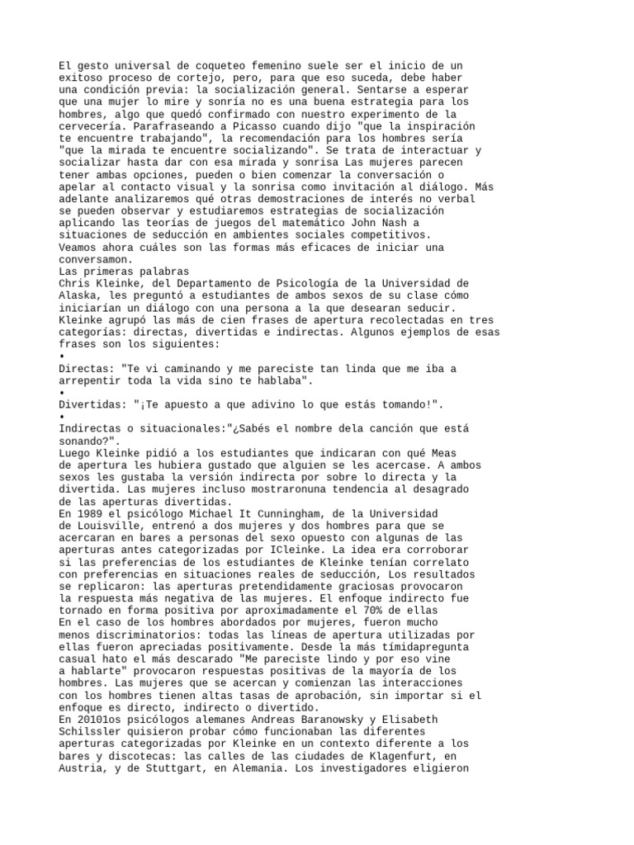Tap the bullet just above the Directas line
[63, 356]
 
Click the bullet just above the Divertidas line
[63, 392]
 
